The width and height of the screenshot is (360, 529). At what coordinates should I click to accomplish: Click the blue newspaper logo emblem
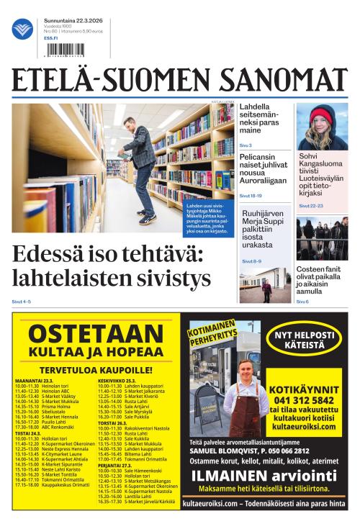(22, 30)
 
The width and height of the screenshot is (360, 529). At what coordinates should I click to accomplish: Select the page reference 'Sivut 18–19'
(251, 195)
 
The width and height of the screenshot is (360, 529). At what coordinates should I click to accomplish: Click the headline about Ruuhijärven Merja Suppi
(262, 233)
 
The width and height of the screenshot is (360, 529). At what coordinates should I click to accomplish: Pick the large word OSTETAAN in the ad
(96, 333)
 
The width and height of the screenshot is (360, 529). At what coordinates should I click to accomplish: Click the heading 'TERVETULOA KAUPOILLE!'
(95, 369)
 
